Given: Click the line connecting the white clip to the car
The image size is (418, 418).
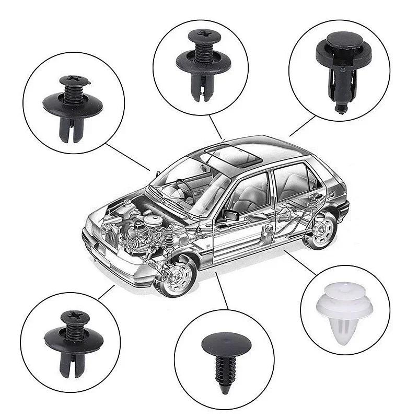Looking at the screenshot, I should tap(300, 261).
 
